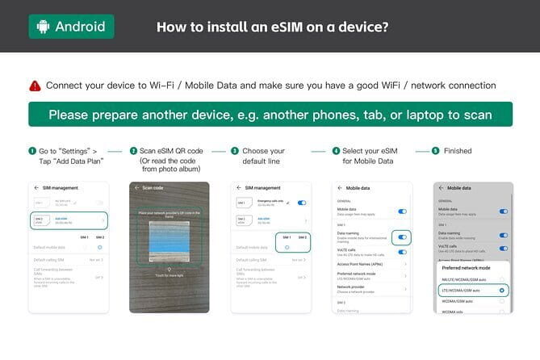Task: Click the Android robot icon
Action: tap(43, 27)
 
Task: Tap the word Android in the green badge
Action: tap(80, 27)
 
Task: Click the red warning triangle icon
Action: tap(35, 85)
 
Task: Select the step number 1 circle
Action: tap(32, 151)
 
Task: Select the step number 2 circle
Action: tap(133, 151)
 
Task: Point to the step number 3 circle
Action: tap(235, 151)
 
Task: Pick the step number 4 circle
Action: tap(336, 151)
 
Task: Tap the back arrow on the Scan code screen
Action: tap(137, 187)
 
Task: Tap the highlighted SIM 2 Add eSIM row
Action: tap(69, 220)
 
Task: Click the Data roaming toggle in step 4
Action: tap(401, 237)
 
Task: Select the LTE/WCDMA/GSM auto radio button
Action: tap(502, 289)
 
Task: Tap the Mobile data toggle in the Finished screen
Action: tap(503, 211)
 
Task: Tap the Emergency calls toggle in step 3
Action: tap(301, 203)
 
